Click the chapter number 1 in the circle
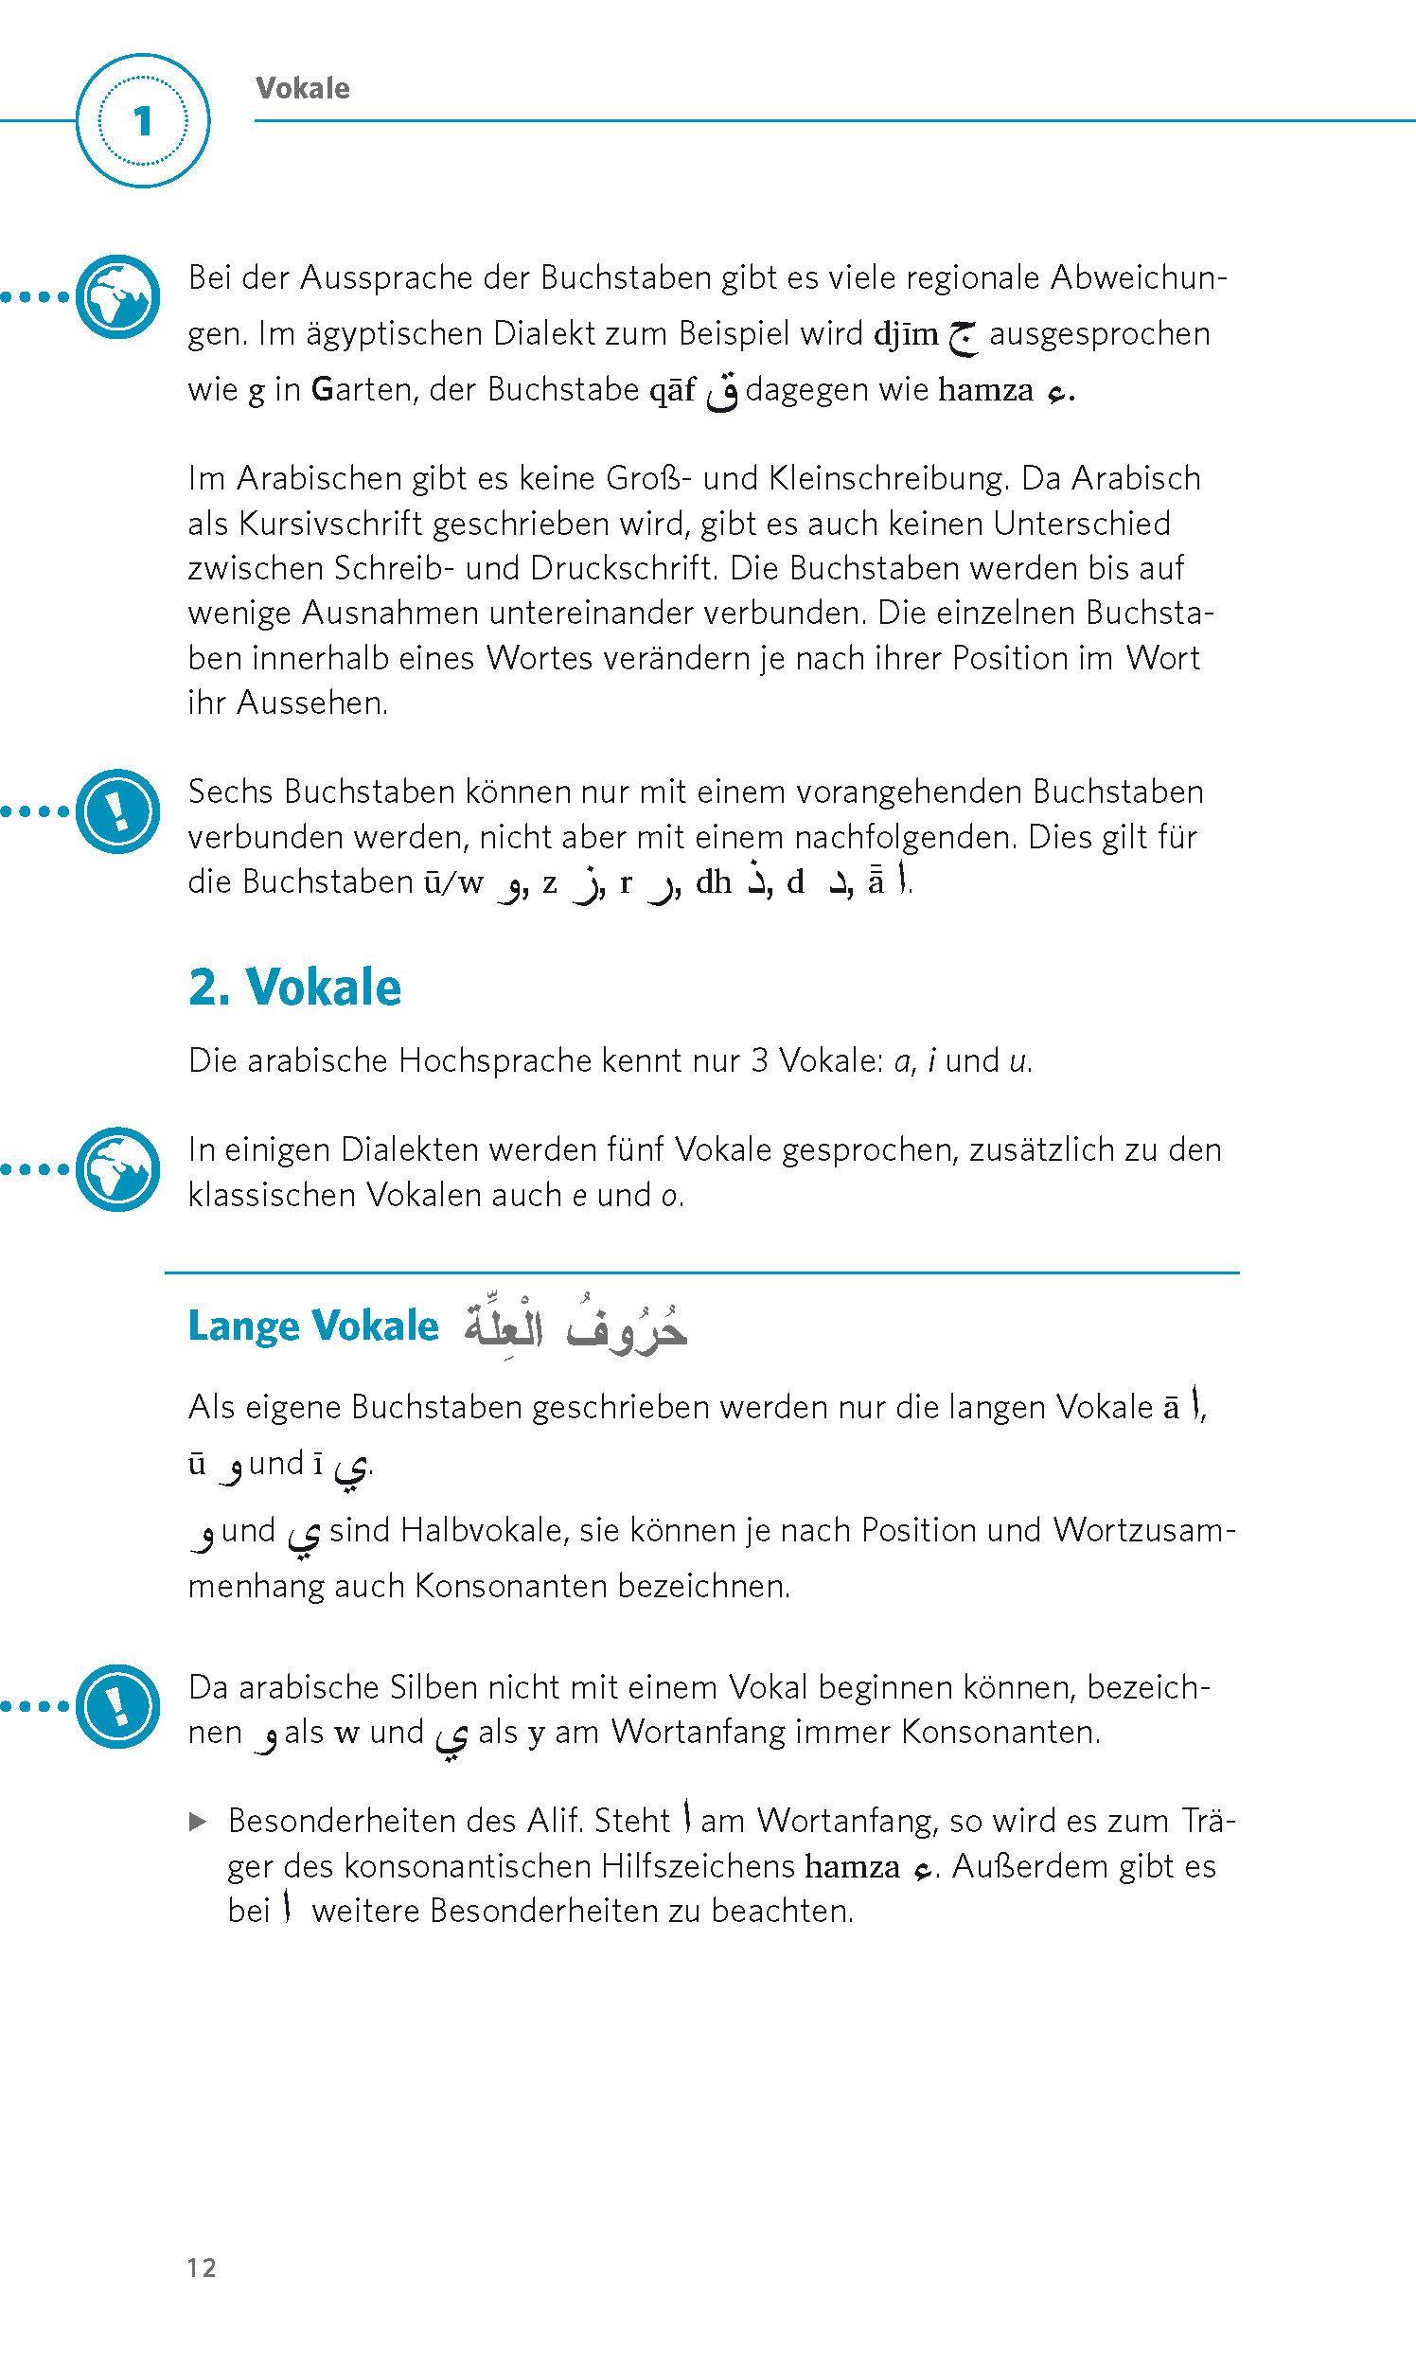(x=143, y=121)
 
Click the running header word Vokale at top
(x=303, y=89)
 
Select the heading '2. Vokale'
(x=294, y=987)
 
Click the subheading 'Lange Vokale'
(x=313, y=1326)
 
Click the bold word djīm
(x=907, y=334)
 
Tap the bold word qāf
(x=672, y=390)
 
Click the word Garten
(x=362, y=390)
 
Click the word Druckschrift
(x=620, y=568)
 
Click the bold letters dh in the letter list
(x=713, y=882)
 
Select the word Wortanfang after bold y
(x=682, y=1732)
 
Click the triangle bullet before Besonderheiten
(x=198, y=1822)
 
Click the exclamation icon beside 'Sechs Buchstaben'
(x=117, y=811)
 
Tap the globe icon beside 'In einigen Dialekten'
(x=117, y=1169)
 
